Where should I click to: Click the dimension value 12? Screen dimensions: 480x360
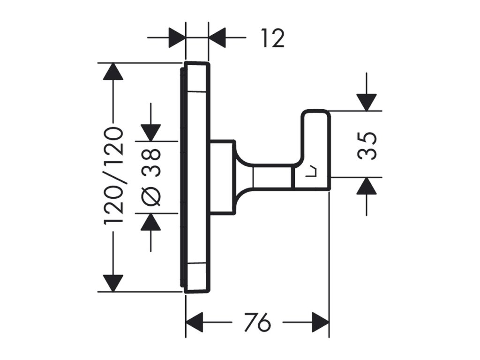click(273, 38)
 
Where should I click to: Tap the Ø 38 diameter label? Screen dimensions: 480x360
click(150, 177)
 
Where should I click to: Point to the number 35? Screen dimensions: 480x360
click(367, 146)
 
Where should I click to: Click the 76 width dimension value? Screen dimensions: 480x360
click(257, 322)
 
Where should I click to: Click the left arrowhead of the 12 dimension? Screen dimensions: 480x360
click(177, 37)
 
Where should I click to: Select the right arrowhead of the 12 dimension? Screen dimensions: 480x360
click(217, 37)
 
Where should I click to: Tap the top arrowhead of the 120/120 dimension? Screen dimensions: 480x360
click(113, 71)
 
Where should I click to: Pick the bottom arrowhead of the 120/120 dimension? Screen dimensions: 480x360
click(113, 283)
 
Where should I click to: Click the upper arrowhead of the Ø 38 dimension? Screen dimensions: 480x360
click(150, 133)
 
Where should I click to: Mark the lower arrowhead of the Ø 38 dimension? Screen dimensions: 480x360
click(150, 222)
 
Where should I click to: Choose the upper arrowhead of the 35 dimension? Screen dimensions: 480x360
click(367, 102)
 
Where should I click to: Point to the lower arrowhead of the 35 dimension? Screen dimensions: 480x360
click(367, 186)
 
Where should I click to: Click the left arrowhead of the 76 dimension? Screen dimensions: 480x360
click(195, 322)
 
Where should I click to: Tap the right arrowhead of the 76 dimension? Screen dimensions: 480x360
click(320, 322)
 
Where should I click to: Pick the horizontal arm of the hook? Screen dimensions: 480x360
click(272, 178)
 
